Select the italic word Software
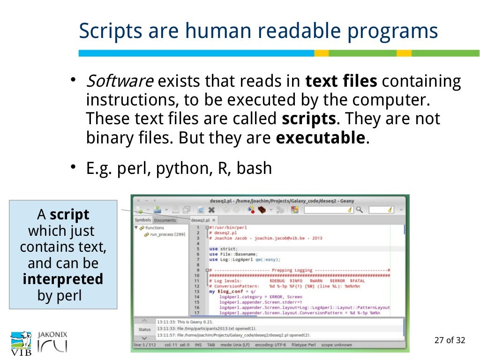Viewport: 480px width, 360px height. [120, 82]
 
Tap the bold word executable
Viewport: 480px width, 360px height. [320, 138]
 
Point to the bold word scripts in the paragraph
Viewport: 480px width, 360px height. [309, 119]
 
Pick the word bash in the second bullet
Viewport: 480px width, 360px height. [254, 168]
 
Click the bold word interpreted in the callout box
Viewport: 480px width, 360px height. [63, 279]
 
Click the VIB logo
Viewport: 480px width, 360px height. [21, 344]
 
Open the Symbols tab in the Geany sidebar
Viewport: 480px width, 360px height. [143, 220]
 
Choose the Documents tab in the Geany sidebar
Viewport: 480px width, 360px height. [165, 220]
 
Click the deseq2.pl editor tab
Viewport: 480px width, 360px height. [201, 220]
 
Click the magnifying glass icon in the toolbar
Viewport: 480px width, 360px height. [359, 210]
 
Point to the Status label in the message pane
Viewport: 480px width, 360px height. [145, 329]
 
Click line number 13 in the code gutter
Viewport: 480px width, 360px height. [197, 291]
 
